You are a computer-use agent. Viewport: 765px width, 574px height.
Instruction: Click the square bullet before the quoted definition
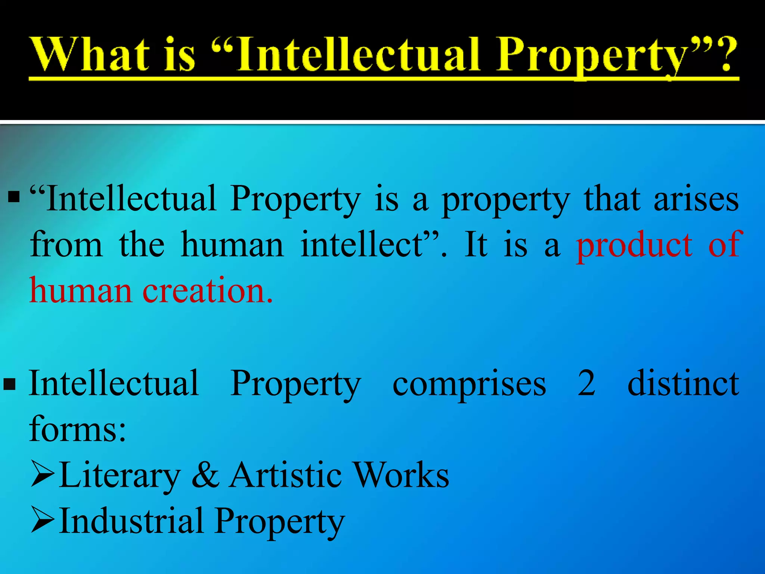(14, 197)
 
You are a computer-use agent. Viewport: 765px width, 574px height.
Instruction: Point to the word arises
(696, 199)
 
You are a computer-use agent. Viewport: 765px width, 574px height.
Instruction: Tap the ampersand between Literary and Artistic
(205, 475)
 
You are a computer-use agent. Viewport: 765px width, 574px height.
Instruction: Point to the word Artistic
(285, 475)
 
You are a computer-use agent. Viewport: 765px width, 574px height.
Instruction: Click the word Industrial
(131, 521)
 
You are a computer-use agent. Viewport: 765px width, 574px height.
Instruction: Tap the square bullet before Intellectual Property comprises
(10, 384)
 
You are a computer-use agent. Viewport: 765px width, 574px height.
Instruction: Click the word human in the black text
(232, 245)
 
